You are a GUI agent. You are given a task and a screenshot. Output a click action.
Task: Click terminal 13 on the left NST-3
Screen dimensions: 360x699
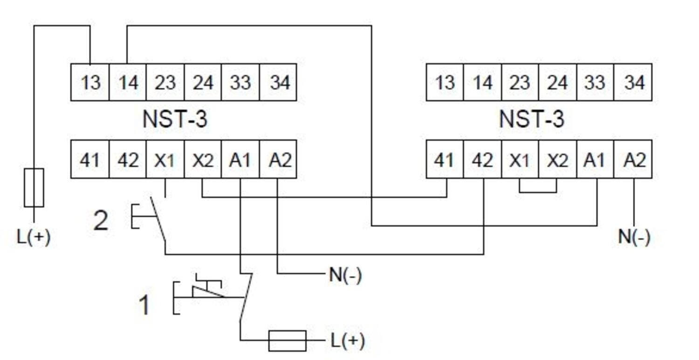point(90,82)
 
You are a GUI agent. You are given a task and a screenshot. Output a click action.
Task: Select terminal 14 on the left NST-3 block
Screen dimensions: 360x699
point(128,82)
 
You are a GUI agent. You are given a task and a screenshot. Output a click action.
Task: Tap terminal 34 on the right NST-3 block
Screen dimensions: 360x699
point(633,82)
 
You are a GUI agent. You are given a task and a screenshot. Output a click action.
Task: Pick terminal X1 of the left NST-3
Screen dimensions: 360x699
point(165,160)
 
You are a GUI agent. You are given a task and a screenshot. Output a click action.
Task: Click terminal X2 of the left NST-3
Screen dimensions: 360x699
point(203,160)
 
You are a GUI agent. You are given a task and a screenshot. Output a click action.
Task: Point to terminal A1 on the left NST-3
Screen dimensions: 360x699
point(240,160)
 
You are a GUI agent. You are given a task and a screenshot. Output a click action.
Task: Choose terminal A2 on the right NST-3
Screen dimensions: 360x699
point(633,160)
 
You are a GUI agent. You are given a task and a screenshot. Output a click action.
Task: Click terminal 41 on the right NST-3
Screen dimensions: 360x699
point(445,160)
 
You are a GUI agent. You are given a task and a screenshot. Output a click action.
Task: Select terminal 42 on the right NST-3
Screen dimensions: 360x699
point(482,160)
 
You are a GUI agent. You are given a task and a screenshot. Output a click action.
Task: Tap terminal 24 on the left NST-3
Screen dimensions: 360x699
point(203,82)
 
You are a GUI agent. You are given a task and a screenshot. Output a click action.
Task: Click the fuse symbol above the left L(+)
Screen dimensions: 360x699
point(34,188)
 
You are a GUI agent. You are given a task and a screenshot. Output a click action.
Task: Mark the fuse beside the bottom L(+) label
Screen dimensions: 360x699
point(288,340)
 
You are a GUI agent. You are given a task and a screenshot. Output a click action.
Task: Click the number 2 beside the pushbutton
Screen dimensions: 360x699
point(101,220)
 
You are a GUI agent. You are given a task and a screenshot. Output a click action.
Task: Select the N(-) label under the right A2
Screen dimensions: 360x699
point(634,237)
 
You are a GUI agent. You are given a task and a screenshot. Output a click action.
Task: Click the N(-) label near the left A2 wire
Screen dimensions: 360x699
point(345,275)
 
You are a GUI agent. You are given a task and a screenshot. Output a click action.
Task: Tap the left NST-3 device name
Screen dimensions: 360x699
point(175,120)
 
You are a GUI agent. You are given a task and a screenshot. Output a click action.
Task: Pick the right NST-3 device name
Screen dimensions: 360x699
point(531,120)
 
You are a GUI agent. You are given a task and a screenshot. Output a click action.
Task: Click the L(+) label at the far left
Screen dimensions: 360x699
point(34,237)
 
